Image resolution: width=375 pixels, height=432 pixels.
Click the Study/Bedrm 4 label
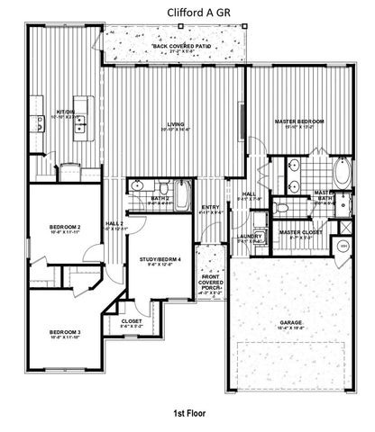(160, 261)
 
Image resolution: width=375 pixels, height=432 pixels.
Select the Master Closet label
(301, 232)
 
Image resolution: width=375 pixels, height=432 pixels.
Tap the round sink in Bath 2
(139, 185)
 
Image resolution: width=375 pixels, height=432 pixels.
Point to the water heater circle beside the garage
(343, 247)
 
